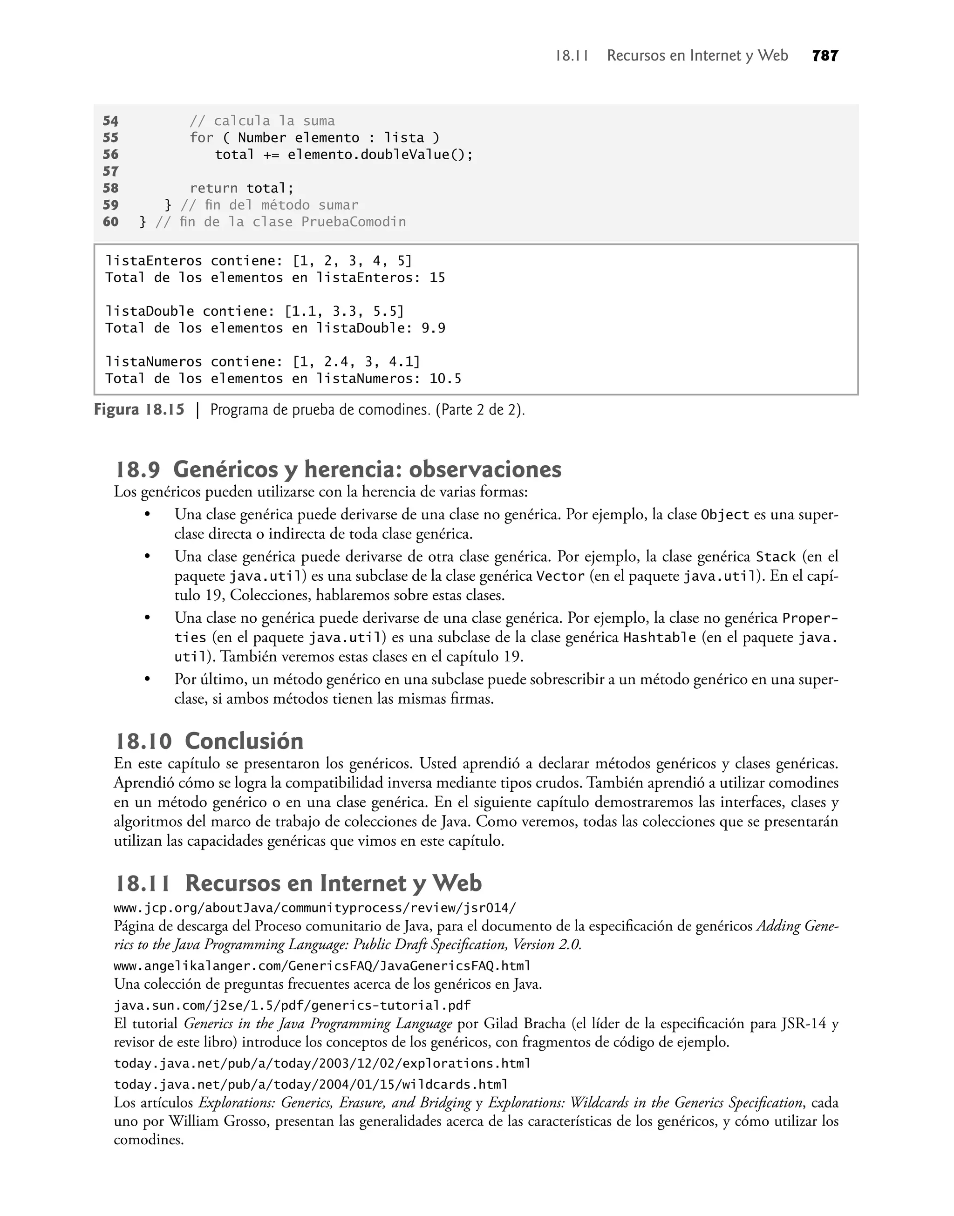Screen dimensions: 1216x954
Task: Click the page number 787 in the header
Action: pyautogui.click(x=825, y=56)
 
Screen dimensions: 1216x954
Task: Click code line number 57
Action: pyautogui.click(x=110, y=171)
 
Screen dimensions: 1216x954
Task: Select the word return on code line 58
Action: pyautogui.click(x=213, y=188)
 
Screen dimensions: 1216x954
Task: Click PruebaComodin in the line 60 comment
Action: pyautogui.click(x=354, y=222)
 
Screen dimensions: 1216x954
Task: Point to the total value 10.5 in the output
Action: pyautogui.click(x=445, y=379)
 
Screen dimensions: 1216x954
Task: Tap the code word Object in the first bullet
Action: pyautogui.click(x=724, y=515)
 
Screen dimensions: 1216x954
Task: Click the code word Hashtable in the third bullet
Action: pyautogui.click(x=659, y=638)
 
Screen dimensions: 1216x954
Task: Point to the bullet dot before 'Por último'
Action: pyautogui.click(x=148, y=679)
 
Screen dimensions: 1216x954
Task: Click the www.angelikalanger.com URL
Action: pyautogui.click(x=322, y=965)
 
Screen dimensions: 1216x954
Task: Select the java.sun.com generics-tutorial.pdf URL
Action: pyautogui.click(x=292, y=1005)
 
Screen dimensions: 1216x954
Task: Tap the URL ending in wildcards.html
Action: pyautogui.click(x=311, y=1084)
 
